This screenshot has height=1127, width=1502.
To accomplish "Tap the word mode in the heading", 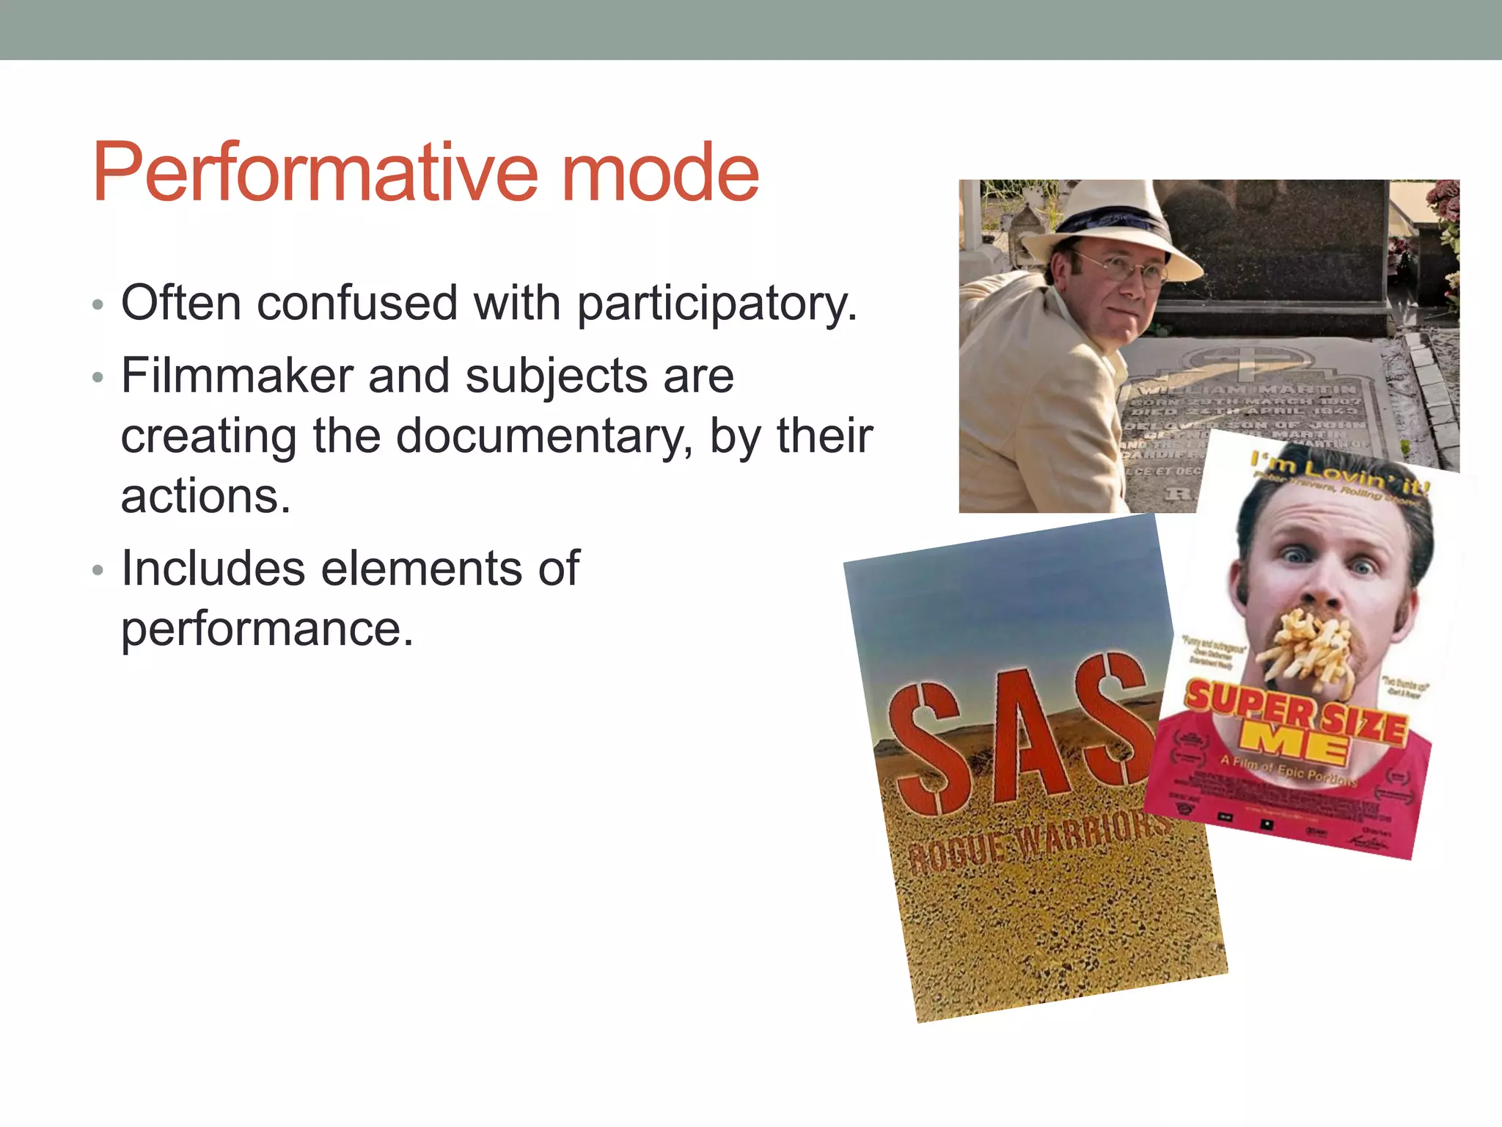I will click(x=660, y=173).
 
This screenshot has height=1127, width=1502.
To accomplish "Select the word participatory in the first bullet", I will click(x=717, y=303).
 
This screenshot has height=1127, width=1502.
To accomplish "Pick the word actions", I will click(x=205, y=496).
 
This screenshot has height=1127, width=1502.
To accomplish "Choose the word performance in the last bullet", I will click(x=267, y=630).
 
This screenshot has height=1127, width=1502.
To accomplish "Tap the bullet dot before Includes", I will click(x=98, y=571).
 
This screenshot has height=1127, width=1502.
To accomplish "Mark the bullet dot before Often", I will click(x=98, y=304).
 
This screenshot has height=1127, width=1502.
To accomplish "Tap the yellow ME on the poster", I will click(x=1294, y=745).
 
